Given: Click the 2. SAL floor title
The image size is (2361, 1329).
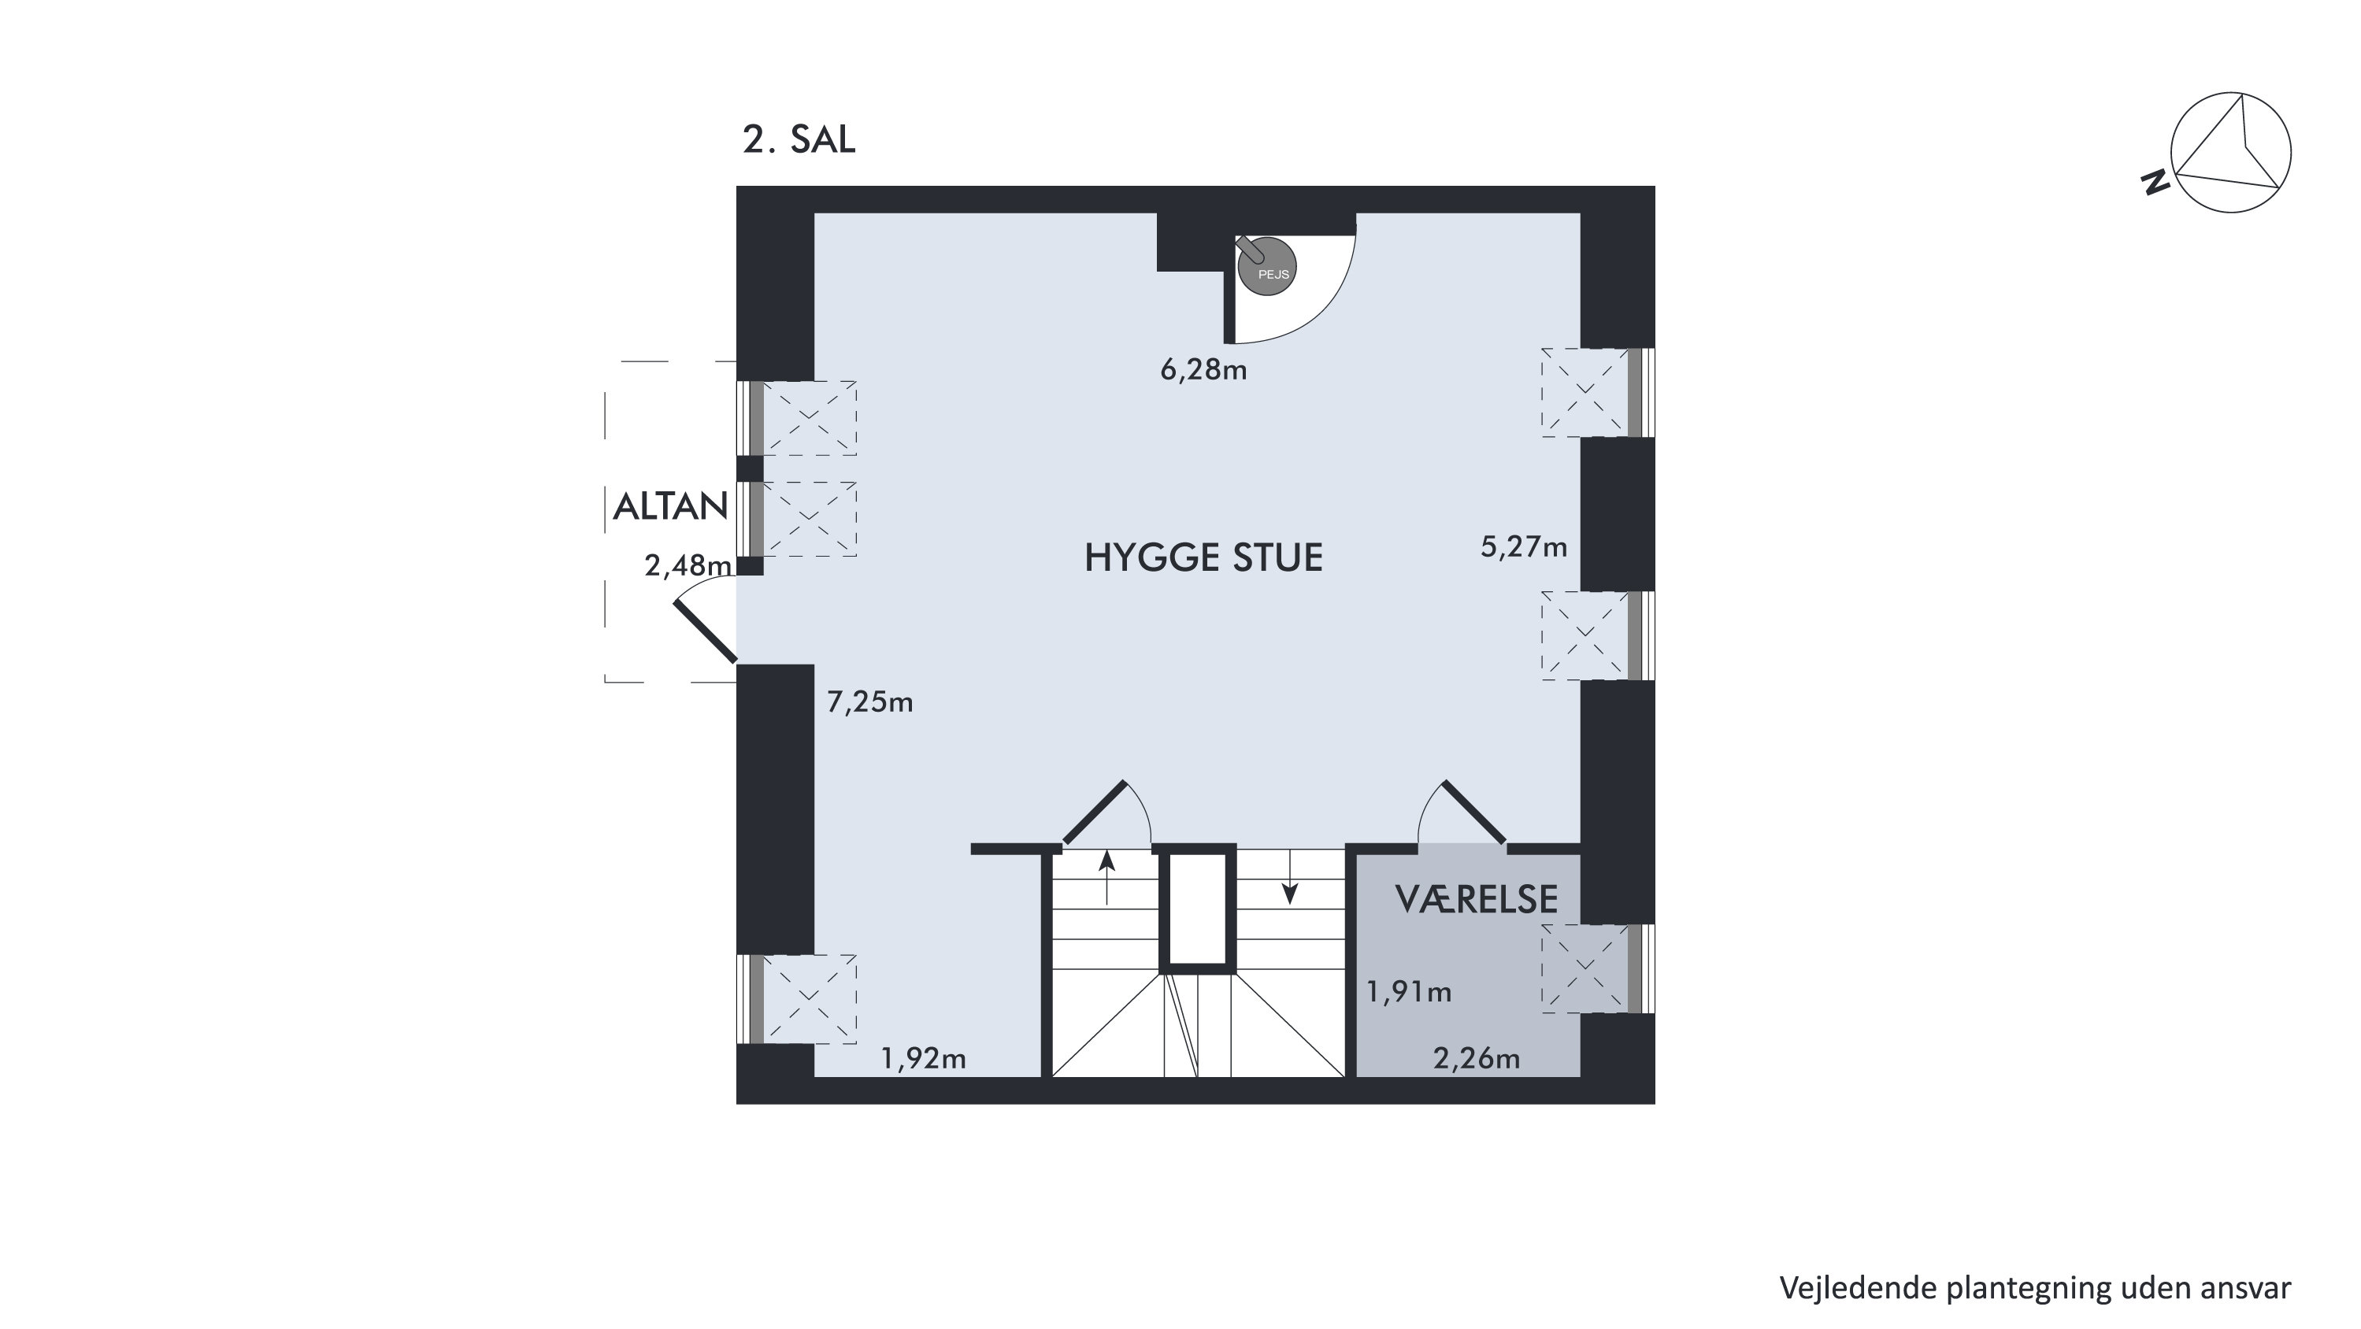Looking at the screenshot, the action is tap(799, 139).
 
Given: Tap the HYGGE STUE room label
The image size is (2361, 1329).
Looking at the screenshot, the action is tap(1203, 557).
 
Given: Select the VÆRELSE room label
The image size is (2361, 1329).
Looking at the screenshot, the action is tap(1476, 900).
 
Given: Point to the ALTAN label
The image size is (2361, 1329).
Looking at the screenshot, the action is tap(670, 507).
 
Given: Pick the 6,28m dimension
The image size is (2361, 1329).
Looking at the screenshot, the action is tap(1203, 369).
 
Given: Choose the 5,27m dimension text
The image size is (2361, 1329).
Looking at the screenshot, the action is tap(1523, 547).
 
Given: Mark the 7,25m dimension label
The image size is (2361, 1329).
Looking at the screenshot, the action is tap(869, 702).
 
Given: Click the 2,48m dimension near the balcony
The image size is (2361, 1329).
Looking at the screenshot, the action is tap(688, 565).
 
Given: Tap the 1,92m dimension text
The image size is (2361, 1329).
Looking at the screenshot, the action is tap(923, 1059).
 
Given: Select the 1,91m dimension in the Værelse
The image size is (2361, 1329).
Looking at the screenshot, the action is tap(1409, 992).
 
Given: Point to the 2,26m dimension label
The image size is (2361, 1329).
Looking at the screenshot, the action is tap(1477, 1059).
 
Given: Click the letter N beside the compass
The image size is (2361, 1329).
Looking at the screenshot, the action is tap(2155, 183).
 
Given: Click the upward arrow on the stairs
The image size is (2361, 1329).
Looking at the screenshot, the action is tap(1106, 877).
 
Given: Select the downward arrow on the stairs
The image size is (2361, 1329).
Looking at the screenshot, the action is tap(1289, 877).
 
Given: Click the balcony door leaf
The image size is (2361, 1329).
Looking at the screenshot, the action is tap(705, 631).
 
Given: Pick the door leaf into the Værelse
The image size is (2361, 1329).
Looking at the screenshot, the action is tap(1473, 812).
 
